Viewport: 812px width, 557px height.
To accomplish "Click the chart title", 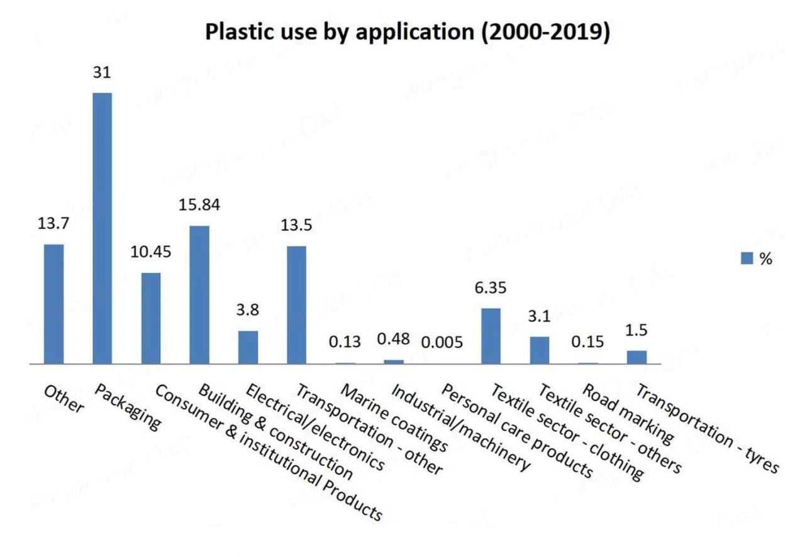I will pyautogui.click(x=408, y=33).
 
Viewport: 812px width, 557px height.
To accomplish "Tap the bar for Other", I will pyautogui.click(x=53, y=304).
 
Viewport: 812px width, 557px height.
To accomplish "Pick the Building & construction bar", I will pyautogui.click(x=199, y=294).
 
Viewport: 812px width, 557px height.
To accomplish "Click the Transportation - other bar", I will pyautogui.click(x=296, y=304).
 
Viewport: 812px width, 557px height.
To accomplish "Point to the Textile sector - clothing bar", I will pyautogui.click(x=491, y=336).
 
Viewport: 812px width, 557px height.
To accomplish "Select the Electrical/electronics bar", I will pyautogui.click(x=248, y=347).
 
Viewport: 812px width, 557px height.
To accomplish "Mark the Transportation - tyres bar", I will pyautogui.click(x=637, y=357).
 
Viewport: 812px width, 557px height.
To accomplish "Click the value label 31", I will pyautogui.click(x=102, y=73).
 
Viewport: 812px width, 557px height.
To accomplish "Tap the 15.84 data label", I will pyautogui.click(x=199, y=205).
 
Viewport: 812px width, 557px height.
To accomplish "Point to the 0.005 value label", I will pyautogui.click(x=442, y=343).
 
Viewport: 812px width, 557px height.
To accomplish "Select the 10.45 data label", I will pyautogui.click(x=151, y=252).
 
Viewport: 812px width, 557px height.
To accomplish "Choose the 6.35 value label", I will pyautogui.click(x=491, y=288).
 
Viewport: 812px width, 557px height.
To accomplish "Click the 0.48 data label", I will pyautogui.click(x=393, y=339).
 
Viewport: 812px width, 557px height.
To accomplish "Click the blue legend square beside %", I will pyautogui.click(x=747, y=258).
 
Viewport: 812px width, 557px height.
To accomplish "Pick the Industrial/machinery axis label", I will pyautogui.click(x=459, y=427).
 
